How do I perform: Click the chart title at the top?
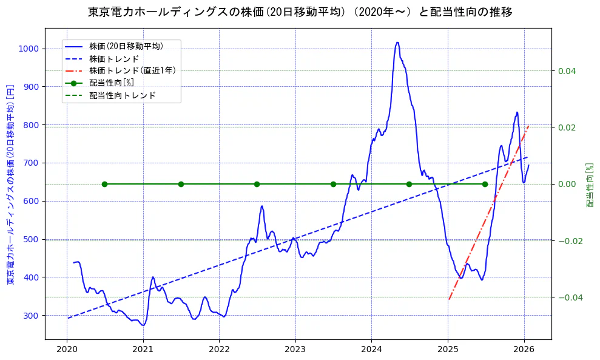(x=300, y=12)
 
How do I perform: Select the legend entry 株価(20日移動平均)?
(x=126, y=46)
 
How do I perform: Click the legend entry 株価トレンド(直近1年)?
(x=132, y=70)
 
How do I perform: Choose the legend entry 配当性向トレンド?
(x=122, y=95)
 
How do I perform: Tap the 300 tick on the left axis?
(x=31, y=316)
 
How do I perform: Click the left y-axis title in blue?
(x=10, y=184)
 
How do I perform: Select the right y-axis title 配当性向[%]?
(x=590, y=184)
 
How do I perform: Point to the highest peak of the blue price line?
(x=397, y=42)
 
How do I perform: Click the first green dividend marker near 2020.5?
(x=104, y=184)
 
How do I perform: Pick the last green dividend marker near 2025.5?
(x=485, y=184)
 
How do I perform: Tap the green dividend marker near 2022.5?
(x=257, y=184)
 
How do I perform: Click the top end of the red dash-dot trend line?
(x=528, y=126)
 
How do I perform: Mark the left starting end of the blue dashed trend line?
(x=68, y=318)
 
